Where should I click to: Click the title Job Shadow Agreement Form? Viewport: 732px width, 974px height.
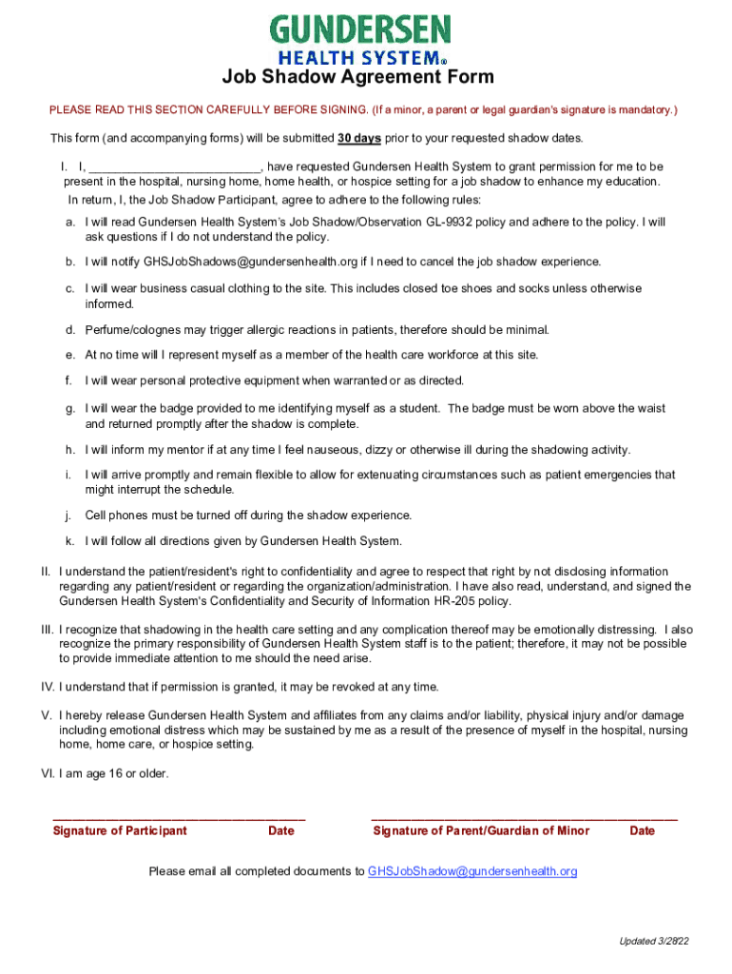357,78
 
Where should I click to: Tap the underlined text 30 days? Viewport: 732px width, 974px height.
359,138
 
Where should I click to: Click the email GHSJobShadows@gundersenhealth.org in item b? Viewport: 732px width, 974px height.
250,262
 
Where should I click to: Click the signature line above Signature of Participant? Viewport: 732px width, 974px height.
179,817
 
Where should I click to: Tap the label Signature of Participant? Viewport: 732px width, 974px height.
120,830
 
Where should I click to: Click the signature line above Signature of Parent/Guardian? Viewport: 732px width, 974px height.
524,817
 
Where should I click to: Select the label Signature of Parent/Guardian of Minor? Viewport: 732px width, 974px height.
481,830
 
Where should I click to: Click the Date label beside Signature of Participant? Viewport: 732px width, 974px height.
281,830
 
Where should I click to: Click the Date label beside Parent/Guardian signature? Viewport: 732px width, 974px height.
642,830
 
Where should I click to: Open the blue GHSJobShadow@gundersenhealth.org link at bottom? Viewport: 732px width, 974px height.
472,871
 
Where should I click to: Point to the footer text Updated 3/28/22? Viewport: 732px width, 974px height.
654,942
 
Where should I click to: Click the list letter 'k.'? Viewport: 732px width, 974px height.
70,541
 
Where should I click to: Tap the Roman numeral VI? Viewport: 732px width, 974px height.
47,773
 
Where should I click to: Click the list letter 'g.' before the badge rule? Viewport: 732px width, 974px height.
70,408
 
